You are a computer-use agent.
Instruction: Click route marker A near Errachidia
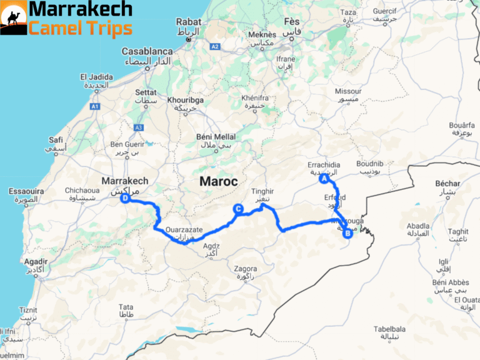[324, 179]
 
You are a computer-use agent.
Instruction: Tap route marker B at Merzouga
[348, 234]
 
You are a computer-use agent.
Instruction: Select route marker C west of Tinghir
[237, 209]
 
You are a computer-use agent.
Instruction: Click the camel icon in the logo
[14, 18]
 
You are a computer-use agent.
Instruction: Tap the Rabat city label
[188, 22]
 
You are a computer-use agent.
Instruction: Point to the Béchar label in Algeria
[447, 184]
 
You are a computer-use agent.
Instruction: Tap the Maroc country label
[218, 181]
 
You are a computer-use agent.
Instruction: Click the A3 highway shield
[138, 127]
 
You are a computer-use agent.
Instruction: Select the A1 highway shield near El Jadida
[96, 107]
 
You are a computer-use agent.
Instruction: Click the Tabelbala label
[390, 329]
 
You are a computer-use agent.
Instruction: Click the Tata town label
[126, 307]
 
